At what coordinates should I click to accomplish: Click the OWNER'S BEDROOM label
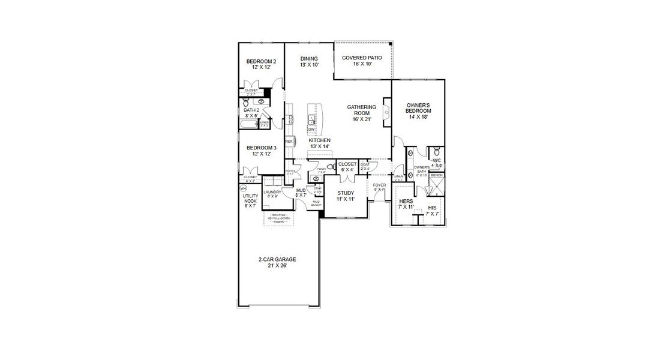coord(418,108)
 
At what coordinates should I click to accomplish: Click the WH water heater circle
coord(242,187)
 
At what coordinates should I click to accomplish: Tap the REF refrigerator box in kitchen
coord(289,142)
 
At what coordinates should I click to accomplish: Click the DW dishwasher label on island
coord(311,130)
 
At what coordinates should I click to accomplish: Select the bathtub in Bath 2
coord(248,125)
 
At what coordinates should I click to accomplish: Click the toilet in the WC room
coord(437,150)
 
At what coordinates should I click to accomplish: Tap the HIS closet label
coord(432,210)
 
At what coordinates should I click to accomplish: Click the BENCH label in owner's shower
coord(436,175)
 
